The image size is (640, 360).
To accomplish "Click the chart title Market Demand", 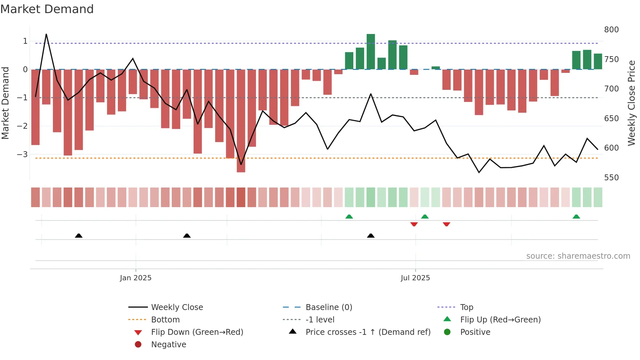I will [x=47, y=9].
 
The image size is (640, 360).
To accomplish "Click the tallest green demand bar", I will [x=371, y=52].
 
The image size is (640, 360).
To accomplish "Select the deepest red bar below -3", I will [x=241, y=121].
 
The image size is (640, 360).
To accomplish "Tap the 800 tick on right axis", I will [x=611, y=30].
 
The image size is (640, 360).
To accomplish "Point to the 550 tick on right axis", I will [x=611, y=178].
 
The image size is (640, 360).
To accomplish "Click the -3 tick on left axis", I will [x=22, y=154].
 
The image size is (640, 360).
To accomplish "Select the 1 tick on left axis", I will [x=25, y=41].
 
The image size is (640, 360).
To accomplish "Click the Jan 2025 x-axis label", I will [x=136, y=278].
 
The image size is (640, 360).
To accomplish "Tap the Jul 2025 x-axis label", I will [x=415, y=278].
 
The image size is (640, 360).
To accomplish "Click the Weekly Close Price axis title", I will [x=632, y=103].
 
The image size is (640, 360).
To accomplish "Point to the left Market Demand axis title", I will [x=5, y=103].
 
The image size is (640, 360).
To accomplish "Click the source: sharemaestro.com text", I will [x=578, y=256].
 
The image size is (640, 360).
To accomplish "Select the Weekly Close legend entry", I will [x=177, y=307].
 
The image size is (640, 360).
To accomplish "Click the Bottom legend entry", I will [x=165, y=320].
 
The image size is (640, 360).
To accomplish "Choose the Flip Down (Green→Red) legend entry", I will [x=197, y=332].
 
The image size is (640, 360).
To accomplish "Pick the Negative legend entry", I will [x=168, y=345].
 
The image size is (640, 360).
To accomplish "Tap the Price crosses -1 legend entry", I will [x=368, y=332].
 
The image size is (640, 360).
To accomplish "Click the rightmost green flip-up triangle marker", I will [x=576, y=217].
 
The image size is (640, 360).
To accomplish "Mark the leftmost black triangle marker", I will [x=79, y=236].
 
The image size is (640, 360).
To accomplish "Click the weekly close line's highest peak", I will [x=46, y=34].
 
